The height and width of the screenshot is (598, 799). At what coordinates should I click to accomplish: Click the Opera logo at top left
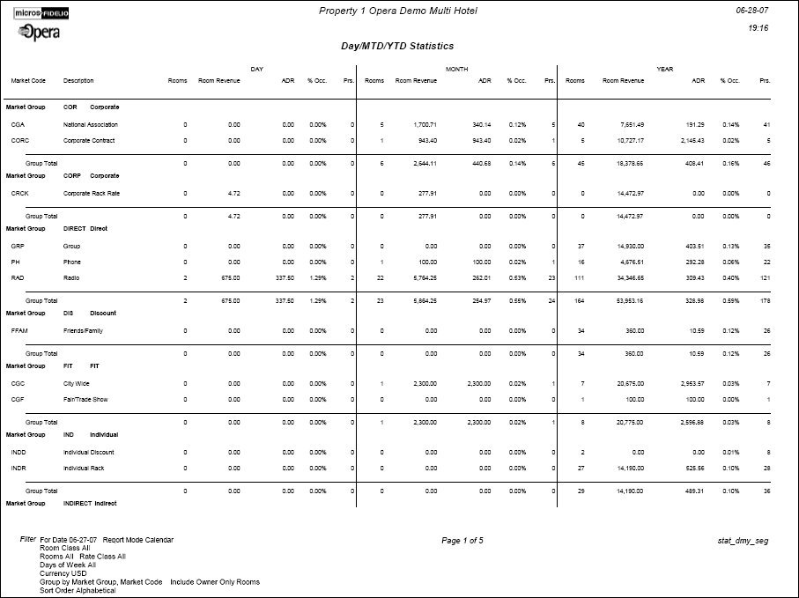(x=38, y=33)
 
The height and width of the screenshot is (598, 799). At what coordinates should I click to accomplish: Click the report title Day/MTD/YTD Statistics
(x=397, y=45)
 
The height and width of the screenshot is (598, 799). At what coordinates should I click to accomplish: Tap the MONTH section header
(x=456, y=68)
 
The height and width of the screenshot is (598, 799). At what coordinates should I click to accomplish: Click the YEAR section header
(x=665, y=68)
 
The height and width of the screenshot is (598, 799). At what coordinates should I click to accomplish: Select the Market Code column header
(x=28, y=80)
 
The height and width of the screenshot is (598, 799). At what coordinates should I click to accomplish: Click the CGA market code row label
(x=18, y=125)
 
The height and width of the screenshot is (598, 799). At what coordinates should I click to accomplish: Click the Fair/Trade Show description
(x=85, y=398)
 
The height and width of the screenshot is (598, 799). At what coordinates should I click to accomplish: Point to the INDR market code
(x=18, y=468)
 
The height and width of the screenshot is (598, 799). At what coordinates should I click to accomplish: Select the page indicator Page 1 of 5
(x=462, y=540)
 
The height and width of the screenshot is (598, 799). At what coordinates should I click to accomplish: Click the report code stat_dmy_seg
(x=744, y=540)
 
